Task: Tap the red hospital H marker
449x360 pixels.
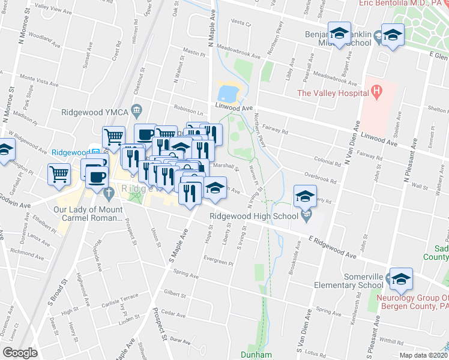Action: [x=376, y=92]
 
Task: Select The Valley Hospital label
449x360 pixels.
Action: [x=332, y=93]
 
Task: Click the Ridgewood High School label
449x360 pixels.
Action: [x=253, y=216]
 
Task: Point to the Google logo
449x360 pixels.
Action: [x=20, y=353]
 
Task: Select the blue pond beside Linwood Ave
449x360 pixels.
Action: [x=228, y=92]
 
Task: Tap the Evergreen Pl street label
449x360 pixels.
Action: [x=218, y=262]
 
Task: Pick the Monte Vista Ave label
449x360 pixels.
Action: [x=37, y=77]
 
